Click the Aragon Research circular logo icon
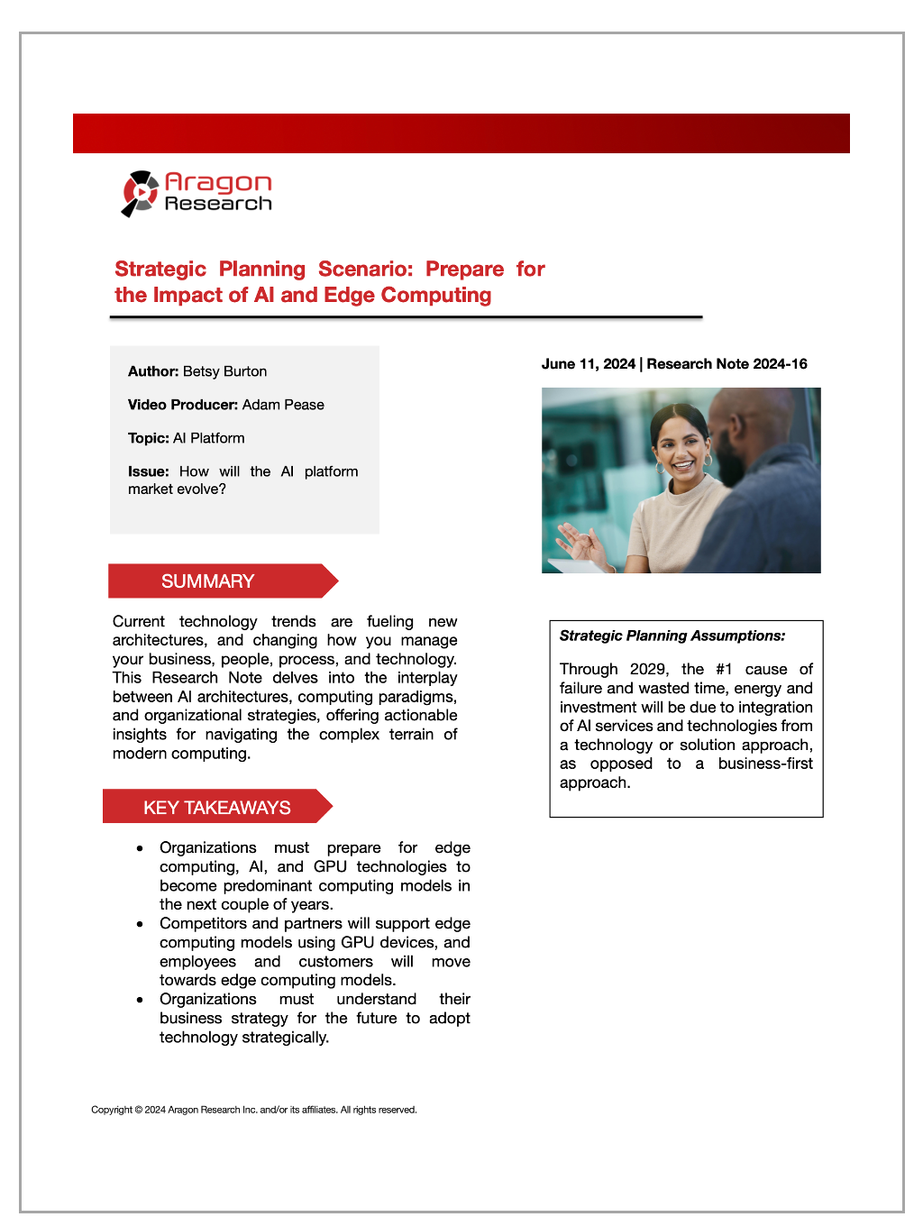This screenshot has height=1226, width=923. click(x=140, y=193)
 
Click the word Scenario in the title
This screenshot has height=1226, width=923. click(x=365, y=270)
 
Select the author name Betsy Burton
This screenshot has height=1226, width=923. click(x=224, y=371)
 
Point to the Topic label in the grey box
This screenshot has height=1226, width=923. click(x=148, y=438)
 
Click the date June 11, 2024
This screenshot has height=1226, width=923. click(x=588, y=364)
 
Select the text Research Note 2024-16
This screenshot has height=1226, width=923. click(x=727, y=364)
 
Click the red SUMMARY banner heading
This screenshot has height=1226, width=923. click(x=208, y=581)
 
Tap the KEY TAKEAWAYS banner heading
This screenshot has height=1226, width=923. click(x=217, y=808)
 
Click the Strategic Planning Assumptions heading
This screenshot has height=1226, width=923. click(x=672, y=636)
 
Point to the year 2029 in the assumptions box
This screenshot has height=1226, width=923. click(x=648, y=669)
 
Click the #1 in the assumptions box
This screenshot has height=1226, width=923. click(x=724, y=669)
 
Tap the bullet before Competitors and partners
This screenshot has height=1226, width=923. click(x=140, y=924)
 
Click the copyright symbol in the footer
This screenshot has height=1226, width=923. click(x=139, y=1110)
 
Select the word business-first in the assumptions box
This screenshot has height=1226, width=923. click(x=765, y=764)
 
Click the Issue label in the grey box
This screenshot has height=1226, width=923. click(x=148, y=471)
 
